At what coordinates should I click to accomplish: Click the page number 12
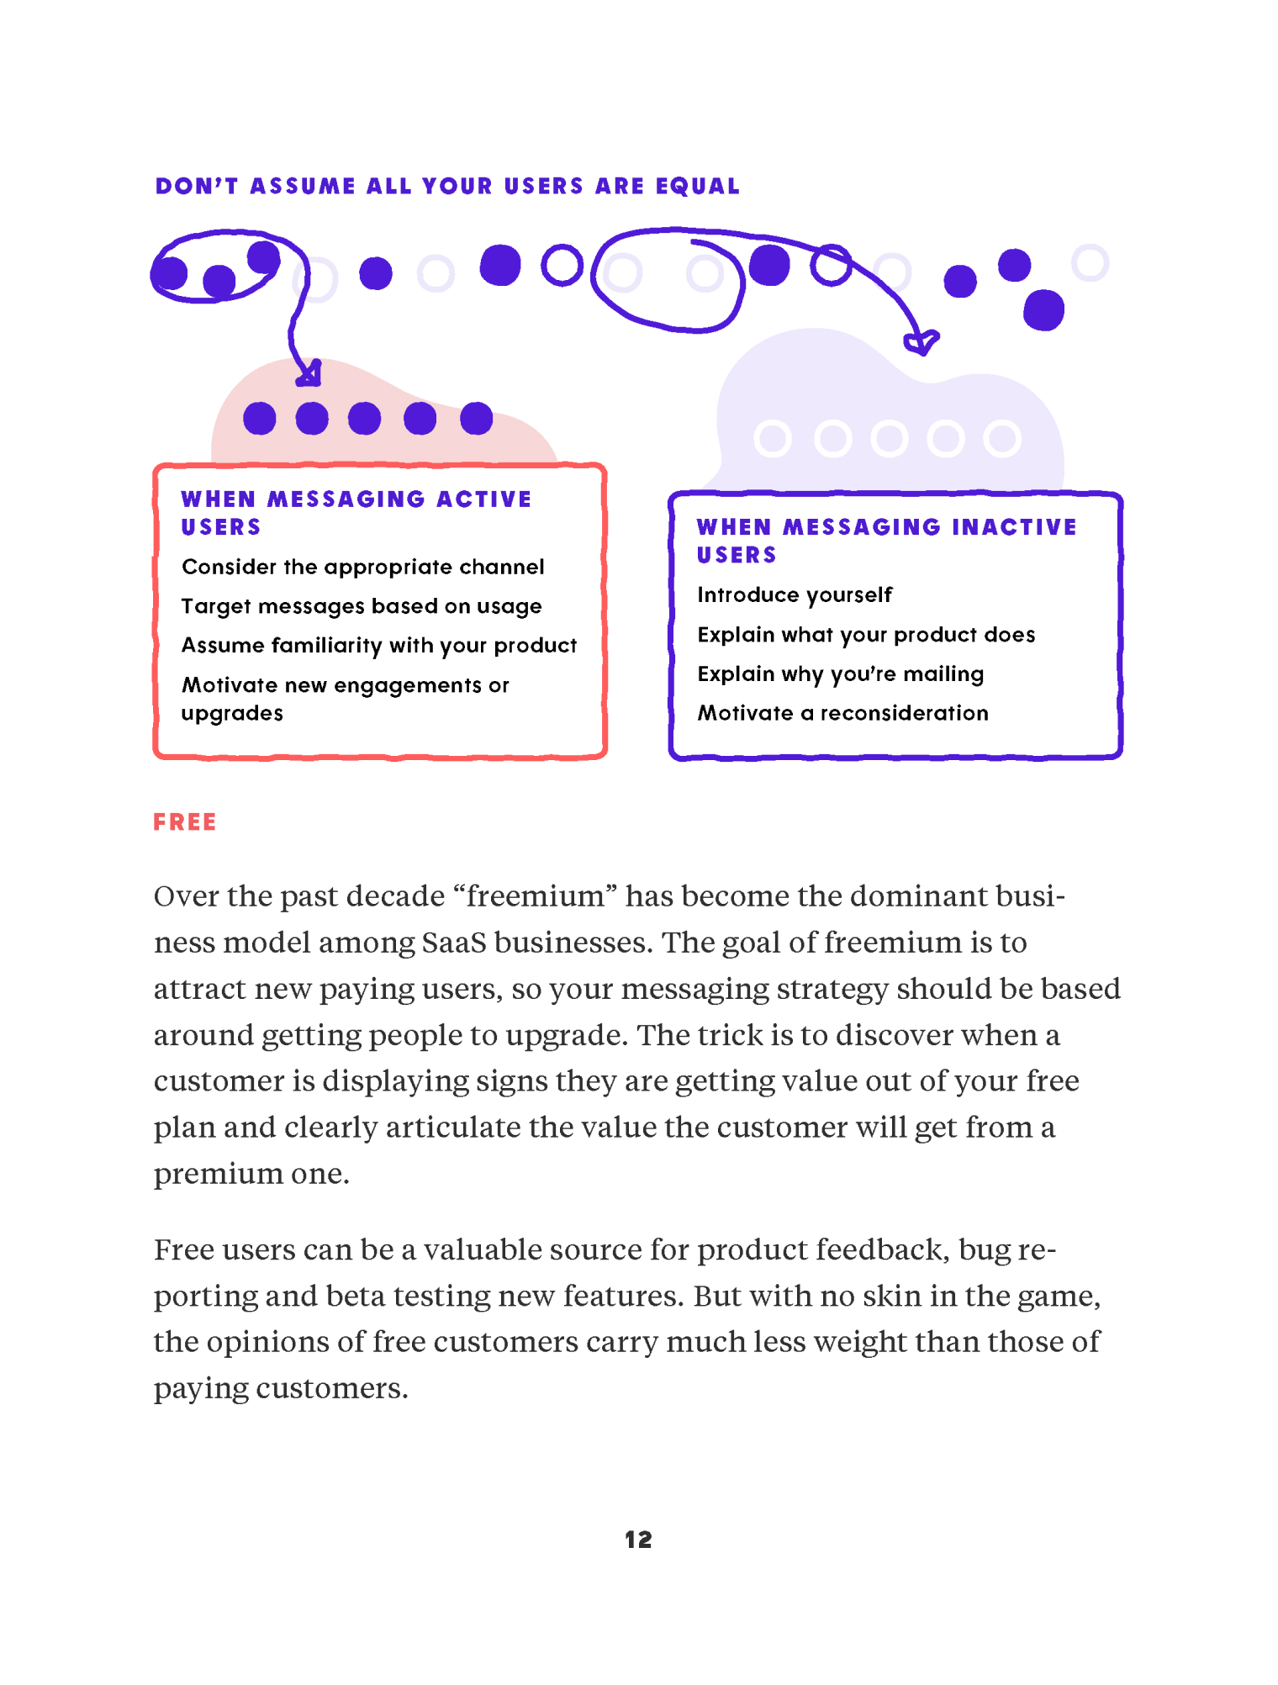[638, 1540]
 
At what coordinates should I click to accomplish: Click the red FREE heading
[185, 822]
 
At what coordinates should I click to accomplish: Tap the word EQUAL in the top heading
[698, 186]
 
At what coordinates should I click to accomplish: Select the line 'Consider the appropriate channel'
[362, 568]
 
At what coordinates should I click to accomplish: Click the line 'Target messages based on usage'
[362, 607]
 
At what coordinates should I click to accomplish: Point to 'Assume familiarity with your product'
[379, 646]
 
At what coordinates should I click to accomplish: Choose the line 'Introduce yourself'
[795, 595]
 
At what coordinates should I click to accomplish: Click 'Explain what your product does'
[866, 635]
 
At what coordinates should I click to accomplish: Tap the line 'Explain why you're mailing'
[841, 674]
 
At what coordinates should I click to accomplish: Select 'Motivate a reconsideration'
[842, 714]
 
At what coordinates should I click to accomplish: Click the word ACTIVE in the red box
[483, 499]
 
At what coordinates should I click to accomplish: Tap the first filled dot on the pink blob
[260, 419]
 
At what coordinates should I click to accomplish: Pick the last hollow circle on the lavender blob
[1002, 439]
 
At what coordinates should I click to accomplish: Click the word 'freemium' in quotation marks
[535, 896]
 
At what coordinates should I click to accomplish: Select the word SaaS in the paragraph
[454, 943]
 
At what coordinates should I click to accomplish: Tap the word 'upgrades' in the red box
[232, 714]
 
